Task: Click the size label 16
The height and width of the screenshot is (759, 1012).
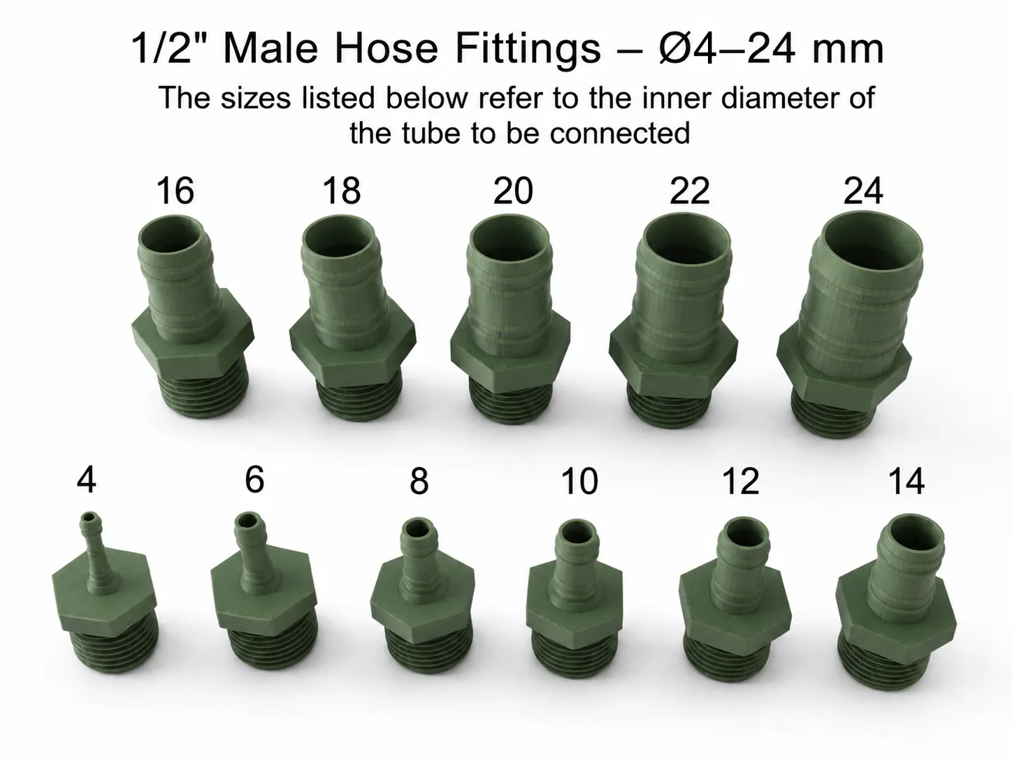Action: (x=175, y=191)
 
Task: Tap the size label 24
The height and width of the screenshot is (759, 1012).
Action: (x=863, y=191)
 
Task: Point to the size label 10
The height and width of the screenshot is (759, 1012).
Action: (x=580, y=481)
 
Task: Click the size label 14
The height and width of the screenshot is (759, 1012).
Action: (x=906, y=481)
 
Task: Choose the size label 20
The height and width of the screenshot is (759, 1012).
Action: (x=513, y=191)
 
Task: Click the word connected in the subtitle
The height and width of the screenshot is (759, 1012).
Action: (x=620, y=133)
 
